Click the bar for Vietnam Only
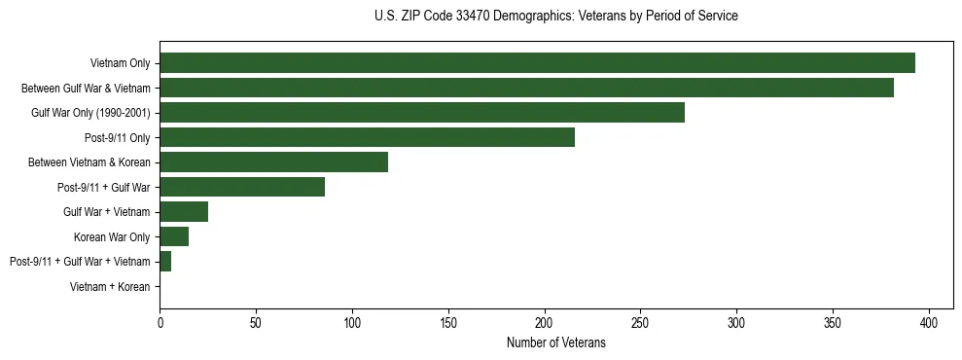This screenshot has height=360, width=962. [x=537, y=62]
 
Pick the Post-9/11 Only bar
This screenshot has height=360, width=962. [x=367, y=137]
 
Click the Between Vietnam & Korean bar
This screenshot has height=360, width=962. [x=273, y=162]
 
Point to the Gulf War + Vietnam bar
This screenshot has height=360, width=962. [x=184, y=211]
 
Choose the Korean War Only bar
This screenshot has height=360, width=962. [x=174, y=236]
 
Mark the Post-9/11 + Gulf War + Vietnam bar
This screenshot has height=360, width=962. [x=165, y=261]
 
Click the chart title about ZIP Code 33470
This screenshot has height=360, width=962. [x=555, y=17]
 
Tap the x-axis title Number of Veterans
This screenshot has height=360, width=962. [x=555, y=343]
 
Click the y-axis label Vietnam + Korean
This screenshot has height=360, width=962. [x=110, y=287]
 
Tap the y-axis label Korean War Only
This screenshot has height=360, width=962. [x=112, y=236]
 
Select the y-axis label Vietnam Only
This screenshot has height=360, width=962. [x=120, y=63]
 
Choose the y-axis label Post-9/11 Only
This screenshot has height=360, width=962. [x=118, y=137]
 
